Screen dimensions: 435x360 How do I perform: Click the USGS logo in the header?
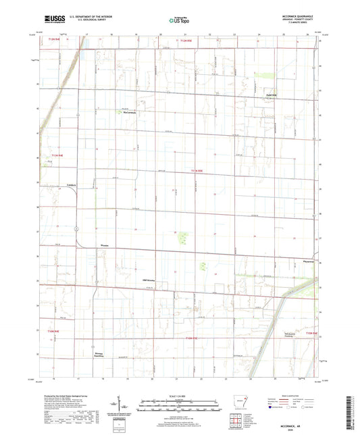click(x=51, y=20)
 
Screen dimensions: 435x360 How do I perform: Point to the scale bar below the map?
click(x=180, y=407)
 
